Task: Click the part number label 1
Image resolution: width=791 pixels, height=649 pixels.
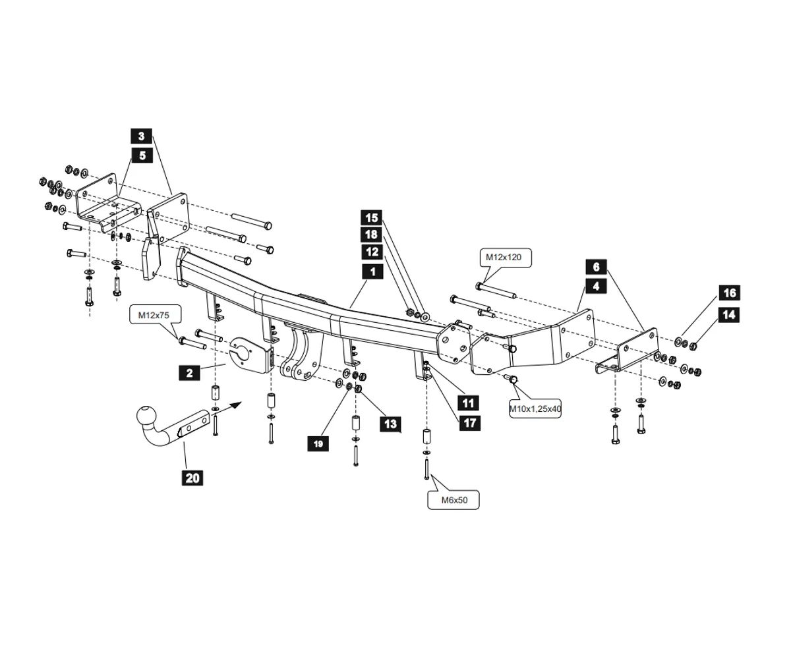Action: coord(372,271)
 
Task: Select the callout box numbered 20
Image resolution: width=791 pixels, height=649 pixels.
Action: coord(192,478)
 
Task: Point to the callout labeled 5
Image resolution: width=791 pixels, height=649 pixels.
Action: coord(142,155)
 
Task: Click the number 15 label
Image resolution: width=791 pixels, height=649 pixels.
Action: coord(372,217)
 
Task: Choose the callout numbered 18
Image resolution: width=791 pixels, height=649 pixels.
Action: coord(372,235)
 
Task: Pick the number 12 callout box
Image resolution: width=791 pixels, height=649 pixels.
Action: coord(372,252)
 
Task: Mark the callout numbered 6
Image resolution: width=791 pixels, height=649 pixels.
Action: coord(596,267)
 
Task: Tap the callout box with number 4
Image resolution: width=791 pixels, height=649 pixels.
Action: coord(596,286)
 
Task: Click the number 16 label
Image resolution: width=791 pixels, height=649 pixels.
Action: coord(728,293)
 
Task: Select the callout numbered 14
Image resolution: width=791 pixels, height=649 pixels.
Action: coord(728,315)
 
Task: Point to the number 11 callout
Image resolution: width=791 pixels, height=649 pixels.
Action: coord(469,403)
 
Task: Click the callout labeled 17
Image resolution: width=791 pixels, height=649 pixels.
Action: coord(469,422)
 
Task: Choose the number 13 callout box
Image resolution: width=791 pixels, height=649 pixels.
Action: coord(390,424)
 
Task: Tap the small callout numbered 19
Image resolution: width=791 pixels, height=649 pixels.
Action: coord(318,443)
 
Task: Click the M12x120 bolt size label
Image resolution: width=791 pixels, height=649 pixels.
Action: coord(504,258)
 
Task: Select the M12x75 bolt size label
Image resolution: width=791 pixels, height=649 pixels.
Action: coord(154,316)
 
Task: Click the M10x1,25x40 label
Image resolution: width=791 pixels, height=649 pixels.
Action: coord(535,409)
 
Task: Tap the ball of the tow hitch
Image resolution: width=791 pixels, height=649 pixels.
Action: coord(145,416)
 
